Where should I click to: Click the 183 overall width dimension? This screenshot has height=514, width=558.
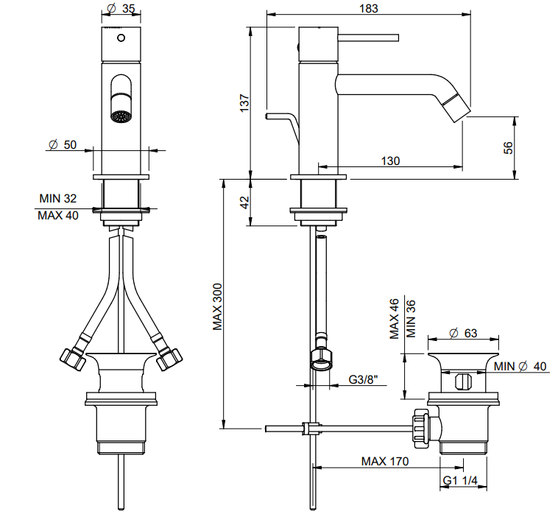pos(368,8)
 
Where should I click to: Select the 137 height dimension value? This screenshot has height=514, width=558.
pos(244,103)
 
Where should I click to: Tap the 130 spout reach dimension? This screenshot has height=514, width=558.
pos(390,161)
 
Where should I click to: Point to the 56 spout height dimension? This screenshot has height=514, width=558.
pos(509,147)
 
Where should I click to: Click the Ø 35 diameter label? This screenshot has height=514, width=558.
pos(121,8)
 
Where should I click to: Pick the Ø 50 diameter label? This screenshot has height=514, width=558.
pos(63,144)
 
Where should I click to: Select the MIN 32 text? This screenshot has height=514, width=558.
pos(58,198)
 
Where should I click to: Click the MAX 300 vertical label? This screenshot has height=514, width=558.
pos(217,306)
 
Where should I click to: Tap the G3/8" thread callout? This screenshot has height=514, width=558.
pos(363,379)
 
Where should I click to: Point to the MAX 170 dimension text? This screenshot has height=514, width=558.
pos(385,461)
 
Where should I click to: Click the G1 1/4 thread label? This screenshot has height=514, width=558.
pos(460,481)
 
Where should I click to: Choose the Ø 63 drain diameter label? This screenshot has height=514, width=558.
pos(463,333)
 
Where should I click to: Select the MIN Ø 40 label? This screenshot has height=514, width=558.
pos(520,366)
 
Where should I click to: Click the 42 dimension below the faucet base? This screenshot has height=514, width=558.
pos(245,203)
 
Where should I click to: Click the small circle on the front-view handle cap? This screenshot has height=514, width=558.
pos(121,38)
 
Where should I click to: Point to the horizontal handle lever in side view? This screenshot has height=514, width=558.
pos(368,38)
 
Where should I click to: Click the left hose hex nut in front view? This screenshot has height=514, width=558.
pos(72,359)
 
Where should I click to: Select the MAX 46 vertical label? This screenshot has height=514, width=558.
pos(395,319)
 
